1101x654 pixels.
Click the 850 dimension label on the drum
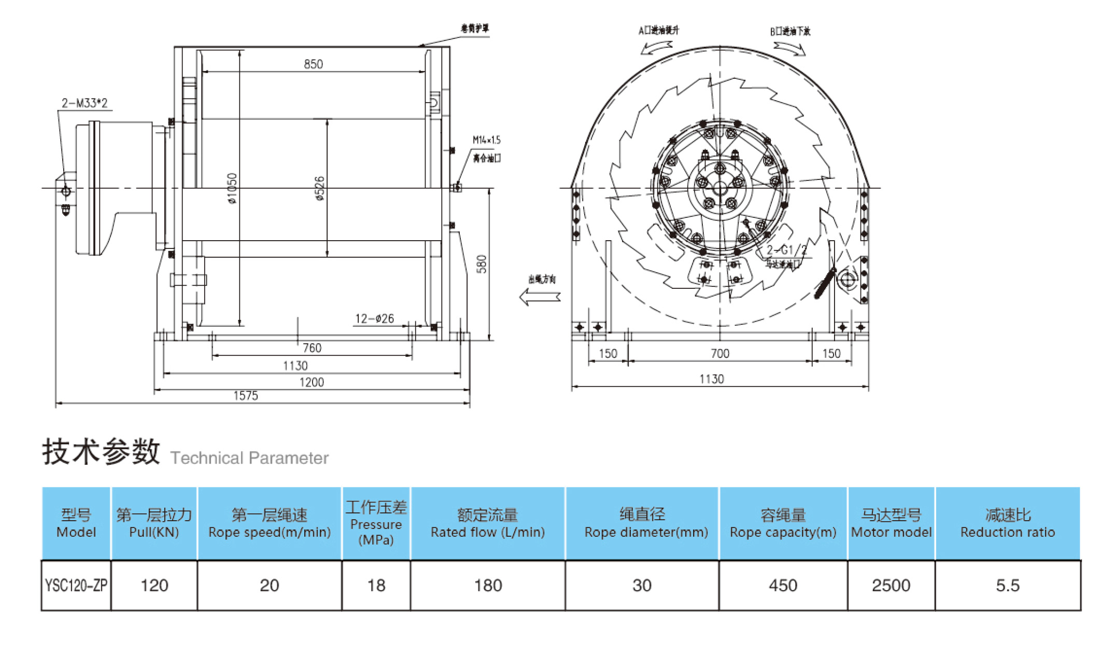[313, 64]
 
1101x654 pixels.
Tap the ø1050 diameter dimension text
[232, 188]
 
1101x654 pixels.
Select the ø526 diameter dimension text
[319, 188]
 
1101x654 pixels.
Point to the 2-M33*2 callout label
[84, 103]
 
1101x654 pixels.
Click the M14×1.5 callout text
[486, 140]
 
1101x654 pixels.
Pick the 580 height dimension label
[482, 264]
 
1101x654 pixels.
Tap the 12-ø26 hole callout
[374, 318]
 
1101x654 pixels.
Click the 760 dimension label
[312, 347]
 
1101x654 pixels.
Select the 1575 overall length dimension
[246, 396]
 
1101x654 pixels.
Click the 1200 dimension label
[312, 382]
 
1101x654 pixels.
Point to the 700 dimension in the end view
[720, 354]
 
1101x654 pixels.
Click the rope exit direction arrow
[540, 297]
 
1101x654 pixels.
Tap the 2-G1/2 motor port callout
[786, 250]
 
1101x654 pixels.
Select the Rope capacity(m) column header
[783, 523]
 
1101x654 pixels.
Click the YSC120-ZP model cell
[76, 586]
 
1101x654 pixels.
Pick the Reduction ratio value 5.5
[1007, 586]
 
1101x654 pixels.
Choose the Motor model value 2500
[891, 586]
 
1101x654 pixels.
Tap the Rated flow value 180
[488, 586]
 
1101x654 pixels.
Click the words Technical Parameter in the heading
[249, 458]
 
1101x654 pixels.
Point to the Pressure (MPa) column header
[376, 523]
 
